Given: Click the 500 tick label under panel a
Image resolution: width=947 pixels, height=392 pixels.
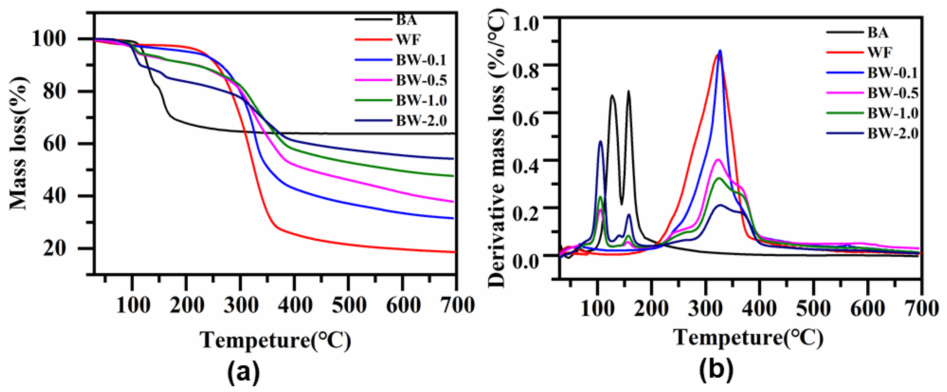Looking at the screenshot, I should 349,305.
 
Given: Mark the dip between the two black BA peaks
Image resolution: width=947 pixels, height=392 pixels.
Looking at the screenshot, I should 622,204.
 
